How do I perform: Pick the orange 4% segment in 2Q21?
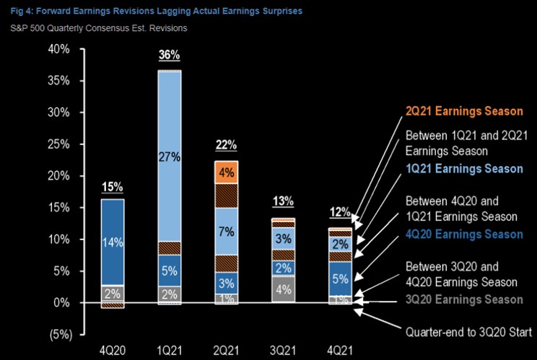click(x=226, y=173)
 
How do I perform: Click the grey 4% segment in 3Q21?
click(x=283, y=290)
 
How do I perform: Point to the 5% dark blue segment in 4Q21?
click(x=339, y=278)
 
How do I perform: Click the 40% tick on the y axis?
click(x=58, y=50)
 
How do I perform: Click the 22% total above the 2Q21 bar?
click(x=226, y=145)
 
